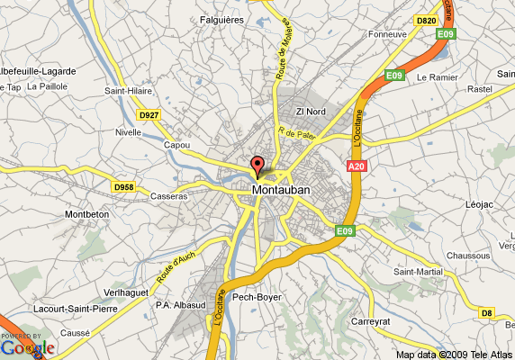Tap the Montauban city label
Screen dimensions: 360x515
point(281,190)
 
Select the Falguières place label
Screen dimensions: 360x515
point(220,19)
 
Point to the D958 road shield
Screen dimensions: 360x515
point(123,186)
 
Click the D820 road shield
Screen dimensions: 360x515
point(426,19)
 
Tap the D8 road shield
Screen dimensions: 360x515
point(486,312)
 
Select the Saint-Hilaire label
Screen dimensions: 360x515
point(129,90)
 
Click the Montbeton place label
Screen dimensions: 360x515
point(87,214)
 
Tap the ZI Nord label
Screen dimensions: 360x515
point(311,112)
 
